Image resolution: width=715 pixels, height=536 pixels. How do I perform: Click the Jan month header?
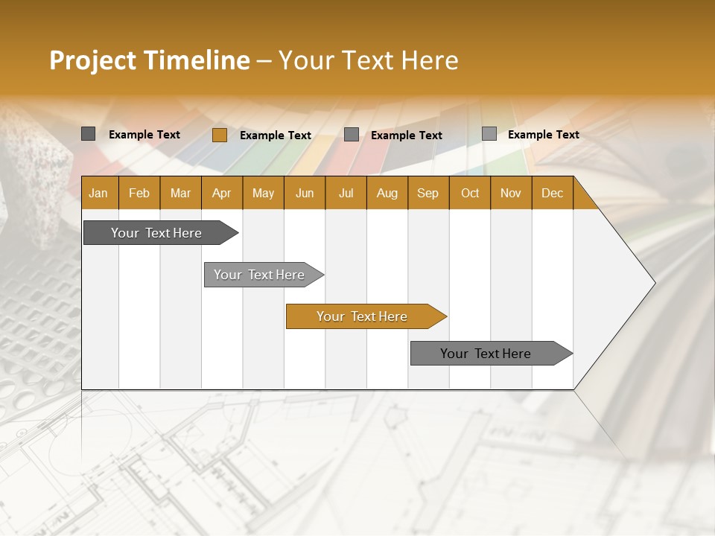point(98,193)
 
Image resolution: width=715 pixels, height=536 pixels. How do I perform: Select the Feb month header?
point(139,193)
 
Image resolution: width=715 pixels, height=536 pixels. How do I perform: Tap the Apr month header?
point(221,193)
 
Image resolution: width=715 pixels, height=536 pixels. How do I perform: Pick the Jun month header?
point(305,193)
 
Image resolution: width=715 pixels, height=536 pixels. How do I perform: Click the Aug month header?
point(387,193)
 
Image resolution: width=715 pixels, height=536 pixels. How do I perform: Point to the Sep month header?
point(428,193)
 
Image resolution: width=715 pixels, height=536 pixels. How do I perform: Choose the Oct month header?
point(470,193)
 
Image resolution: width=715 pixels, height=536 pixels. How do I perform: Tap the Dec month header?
point(552,193)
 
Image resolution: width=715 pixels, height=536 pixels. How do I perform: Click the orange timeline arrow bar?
point(363,316)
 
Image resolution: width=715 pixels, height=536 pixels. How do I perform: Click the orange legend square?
point(219,135)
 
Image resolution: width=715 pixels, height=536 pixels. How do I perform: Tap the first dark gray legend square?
point(88,134)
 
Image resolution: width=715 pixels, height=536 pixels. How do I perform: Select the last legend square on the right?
point(489,134)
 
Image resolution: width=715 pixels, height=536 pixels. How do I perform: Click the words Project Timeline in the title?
point(149,60)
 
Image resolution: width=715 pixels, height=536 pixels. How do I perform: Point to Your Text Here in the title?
point(368,60)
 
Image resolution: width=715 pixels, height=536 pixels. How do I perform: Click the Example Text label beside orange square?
point(275,135)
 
